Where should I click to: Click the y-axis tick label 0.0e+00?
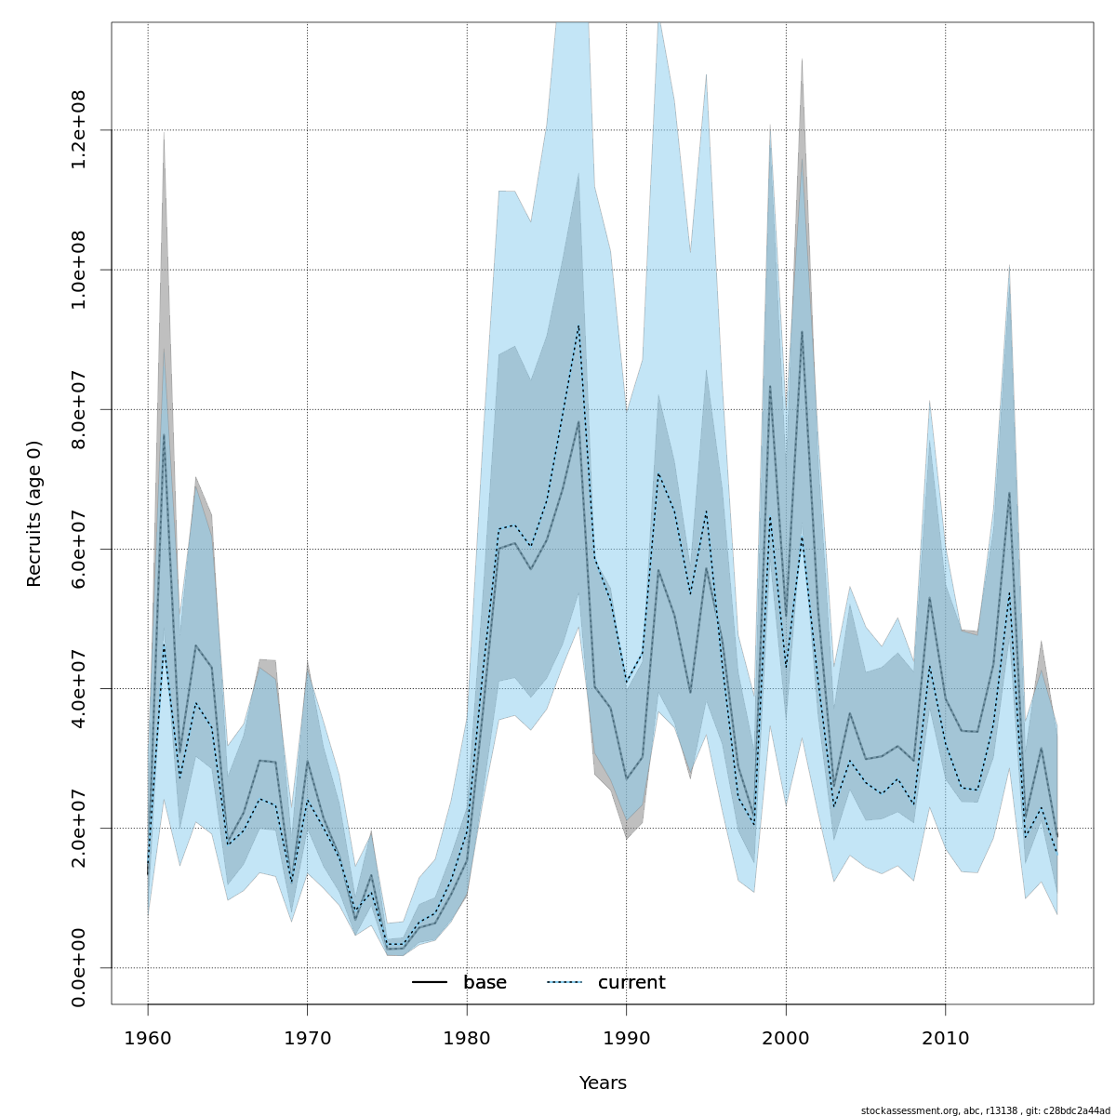79,967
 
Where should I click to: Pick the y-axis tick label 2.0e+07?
79,828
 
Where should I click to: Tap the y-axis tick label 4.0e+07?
79,688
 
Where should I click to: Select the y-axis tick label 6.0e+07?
79,549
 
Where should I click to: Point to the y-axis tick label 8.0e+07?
79,409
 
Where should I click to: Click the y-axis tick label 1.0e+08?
79,270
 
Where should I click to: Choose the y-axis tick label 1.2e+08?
79,130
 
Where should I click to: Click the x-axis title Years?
603,1083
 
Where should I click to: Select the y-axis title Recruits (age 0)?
34,513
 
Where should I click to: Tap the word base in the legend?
485,983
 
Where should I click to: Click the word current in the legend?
631,983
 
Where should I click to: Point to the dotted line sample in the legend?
565,983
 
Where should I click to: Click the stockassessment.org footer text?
985,1109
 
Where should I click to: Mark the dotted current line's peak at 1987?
578,325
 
